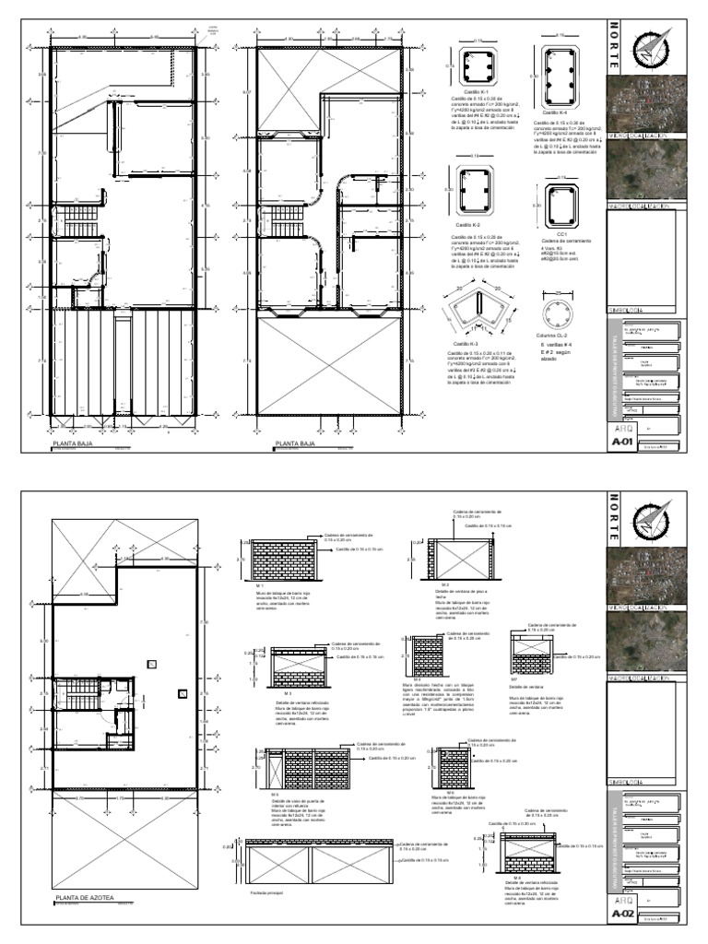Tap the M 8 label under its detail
pos(519,878)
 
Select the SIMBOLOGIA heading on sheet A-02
pos(628,783)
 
